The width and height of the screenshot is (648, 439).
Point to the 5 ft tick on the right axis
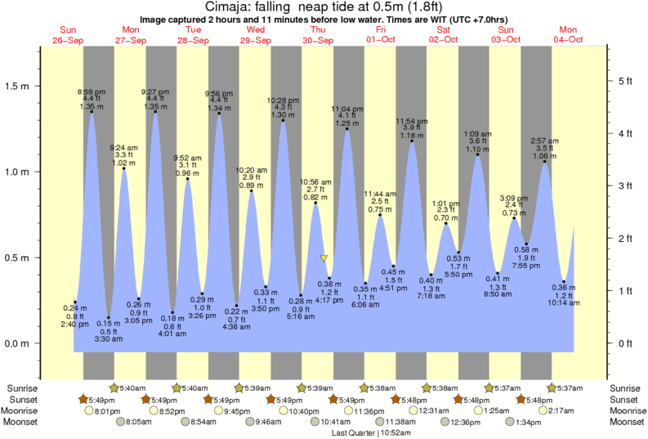pos(625,81)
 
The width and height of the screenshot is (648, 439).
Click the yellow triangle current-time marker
pos(324,258)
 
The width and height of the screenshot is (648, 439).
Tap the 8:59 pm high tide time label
pos(91,91)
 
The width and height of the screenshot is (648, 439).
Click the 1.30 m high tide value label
pos(283,116)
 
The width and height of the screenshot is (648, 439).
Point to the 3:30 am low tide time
pos(109,339)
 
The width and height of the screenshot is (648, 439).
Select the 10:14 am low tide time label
pos(563,302)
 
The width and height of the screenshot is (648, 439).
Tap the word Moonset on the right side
pos(626,422)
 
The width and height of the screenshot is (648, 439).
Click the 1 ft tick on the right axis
pos(625,291)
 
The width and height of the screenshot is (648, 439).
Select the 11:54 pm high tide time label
pos(411,121)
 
